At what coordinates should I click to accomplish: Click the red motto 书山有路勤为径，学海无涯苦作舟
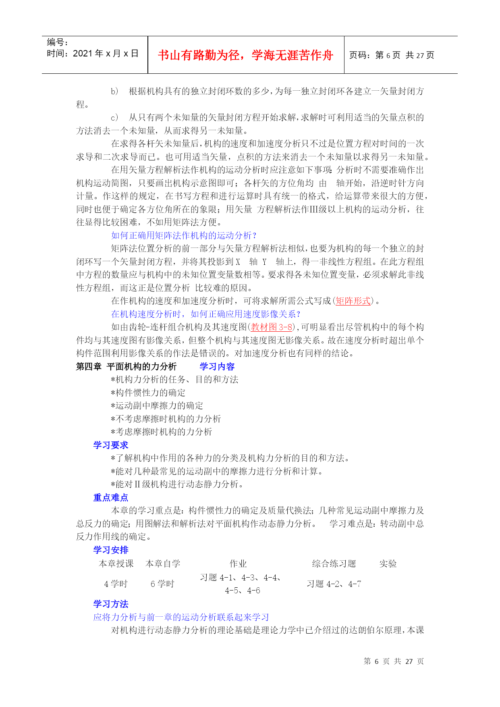pos(245,55)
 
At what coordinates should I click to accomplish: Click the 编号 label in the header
pos(57,42)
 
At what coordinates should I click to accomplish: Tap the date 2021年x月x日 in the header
pos(106,54)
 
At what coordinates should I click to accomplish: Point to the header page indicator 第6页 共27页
pos(405,55)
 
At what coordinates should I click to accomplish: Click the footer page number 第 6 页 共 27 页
pos(394,661)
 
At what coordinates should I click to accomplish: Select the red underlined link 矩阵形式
pos(353,301)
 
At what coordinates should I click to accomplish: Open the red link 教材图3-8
pos(272,327)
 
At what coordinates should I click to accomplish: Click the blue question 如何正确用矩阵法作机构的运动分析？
pos(184,235)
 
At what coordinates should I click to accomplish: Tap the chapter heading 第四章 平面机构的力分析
pos(126,367)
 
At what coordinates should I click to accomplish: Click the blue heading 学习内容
pos(217,367)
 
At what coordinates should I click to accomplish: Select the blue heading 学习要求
pos(111,445)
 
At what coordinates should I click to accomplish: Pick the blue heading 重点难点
pos(111,498)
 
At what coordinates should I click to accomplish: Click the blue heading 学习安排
pos(111,550)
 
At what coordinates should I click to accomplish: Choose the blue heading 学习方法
pos(111,604)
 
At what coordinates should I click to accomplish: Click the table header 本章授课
pos(116,564)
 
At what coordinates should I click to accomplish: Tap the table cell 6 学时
pos(162,584)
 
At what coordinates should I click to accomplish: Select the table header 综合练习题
pos(334,564)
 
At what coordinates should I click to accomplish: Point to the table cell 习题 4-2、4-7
pos(334,584)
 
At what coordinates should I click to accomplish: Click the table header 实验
pos(388,564)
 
